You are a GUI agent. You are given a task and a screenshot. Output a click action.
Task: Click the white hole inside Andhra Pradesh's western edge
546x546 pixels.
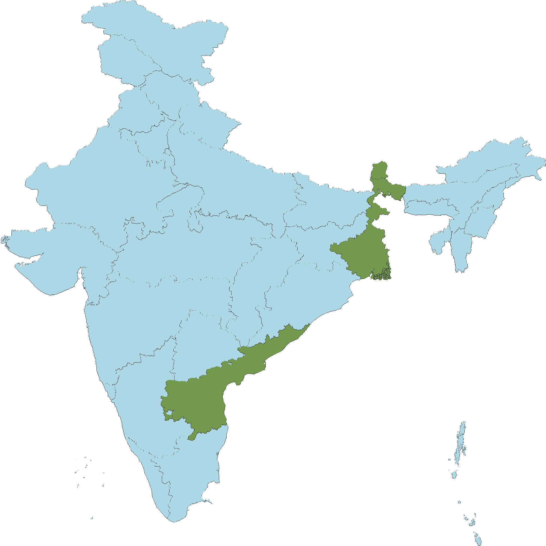coord(169,414)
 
